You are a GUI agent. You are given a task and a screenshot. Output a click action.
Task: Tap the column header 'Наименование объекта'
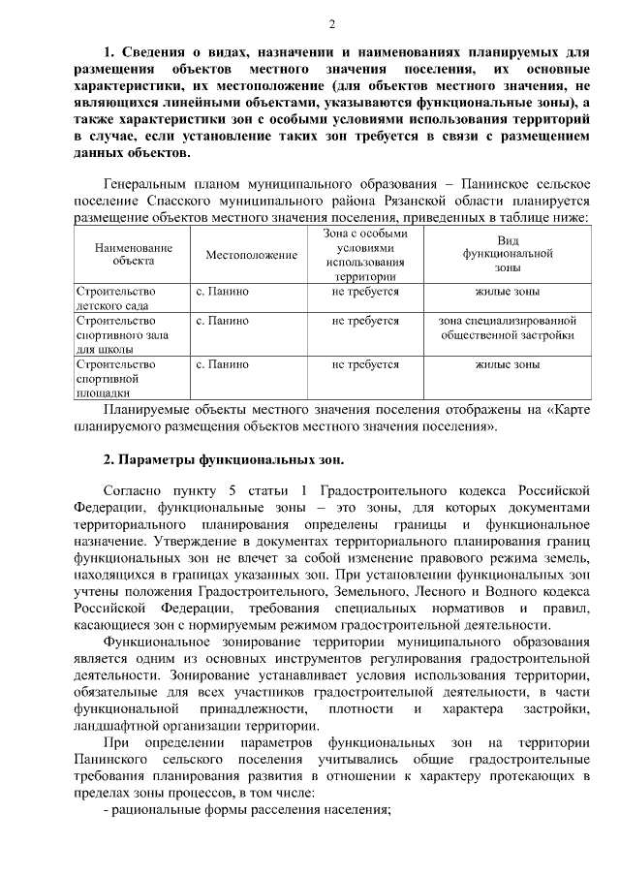(x=133, y=254)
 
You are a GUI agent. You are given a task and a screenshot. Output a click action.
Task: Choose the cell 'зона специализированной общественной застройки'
(x=507, y=327)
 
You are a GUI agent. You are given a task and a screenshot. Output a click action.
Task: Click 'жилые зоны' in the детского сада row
(x=507, y=291)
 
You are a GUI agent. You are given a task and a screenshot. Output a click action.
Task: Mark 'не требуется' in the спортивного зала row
(x=365, y=319)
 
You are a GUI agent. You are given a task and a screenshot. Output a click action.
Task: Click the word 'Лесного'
(x=430, y=589)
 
